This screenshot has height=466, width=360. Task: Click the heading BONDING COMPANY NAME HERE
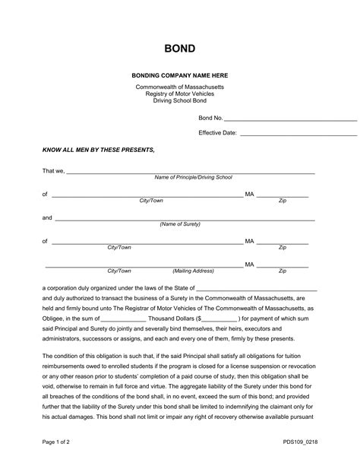180,76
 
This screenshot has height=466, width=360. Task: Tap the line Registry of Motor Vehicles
180,94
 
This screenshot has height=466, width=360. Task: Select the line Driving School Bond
180,100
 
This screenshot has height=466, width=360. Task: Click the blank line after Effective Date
298,132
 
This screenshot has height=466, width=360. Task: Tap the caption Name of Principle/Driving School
193,178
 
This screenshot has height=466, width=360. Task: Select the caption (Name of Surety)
180,225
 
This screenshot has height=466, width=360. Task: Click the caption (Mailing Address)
194,271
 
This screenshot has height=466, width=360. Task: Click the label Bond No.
210,119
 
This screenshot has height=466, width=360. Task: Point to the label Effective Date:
218,132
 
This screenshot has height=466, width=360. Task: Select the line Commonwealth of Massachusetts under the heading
180,87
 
